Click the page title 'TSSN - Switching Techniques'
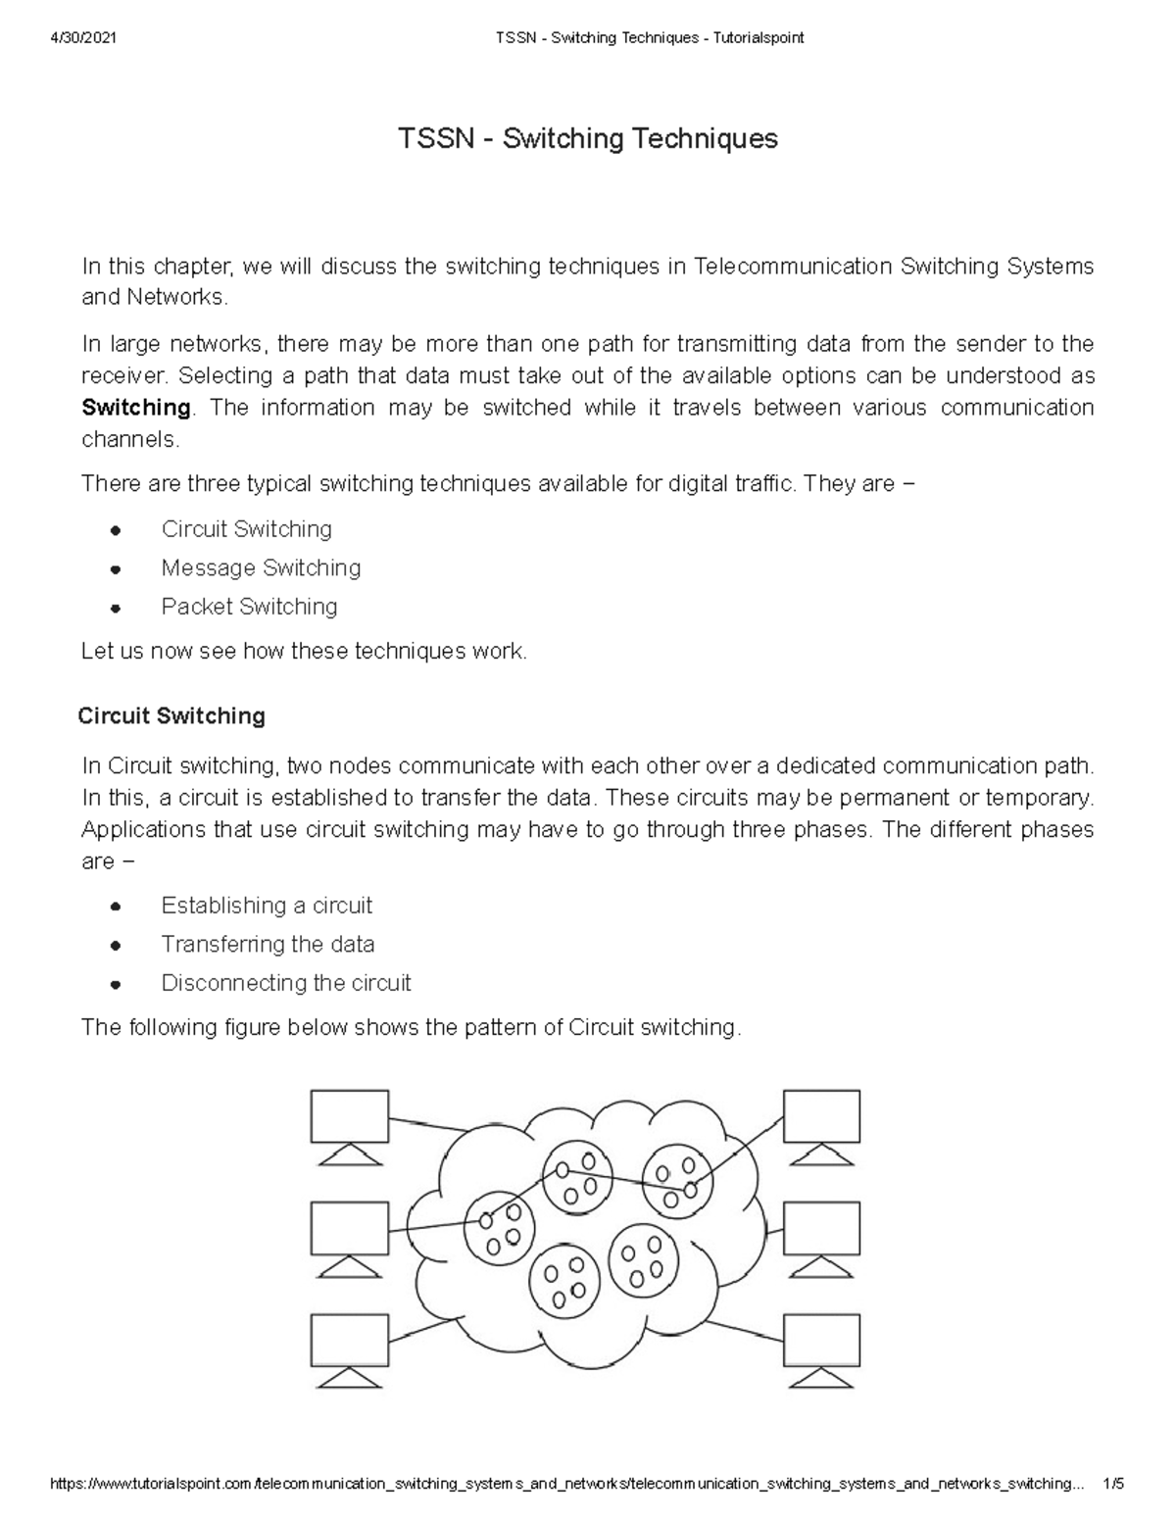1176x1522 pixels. (587, 139)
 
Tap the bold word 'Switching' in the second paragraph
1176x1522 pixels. (135, 408)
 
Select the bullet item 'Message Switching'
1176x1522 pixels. (261, 568)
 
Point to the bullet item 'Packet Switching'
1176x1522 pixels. (249, 607)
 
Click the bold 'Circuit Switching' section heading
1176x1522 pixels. (171, 716)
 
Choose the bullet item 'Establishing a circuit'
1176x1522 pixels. (267, 906)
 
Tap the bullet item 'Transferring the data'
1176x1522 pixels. (268, 945)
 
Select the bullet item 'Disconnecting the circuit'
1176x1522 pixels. (286, 983)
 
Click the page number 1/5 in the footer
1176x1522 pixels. (1112, 1484)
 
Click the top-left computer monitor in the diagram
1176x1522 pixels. (349, 1117)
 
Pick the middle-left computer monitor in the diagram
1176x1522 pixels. (349, 1229)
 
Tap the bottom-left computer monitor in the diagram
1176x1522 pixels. (349, 1341)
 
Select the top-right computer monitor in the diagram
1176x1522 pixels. (821, 1117)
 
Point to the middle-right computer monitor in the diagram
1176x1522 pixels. (821, 1229)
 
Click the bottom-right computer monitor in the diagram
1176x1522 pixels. (821, 1341)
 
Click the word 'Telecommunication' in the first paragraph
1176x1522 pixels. (793, 267)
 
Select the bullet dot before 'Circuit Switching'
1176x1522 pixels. (116, 530)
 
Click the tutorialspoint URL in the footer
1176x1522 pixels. (563, 1484)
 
